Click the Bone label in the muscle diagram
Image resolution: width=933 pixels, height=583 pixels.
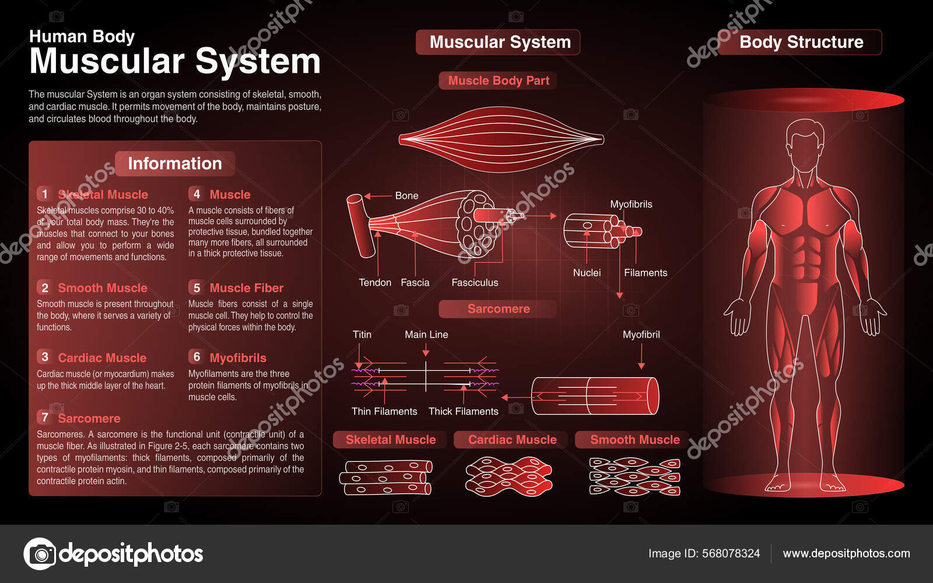pyautogui.click(x=406, y=196)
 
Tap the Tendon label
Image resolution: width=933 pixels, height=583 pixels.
pyautogui.click(x=375, y=283)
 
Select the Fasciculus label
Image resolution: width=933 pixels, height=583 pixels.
pyautogui.click(x=475, y=283)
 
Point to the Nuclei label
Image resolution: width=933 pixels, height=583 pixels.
pyautogui.click(x=587, y=273)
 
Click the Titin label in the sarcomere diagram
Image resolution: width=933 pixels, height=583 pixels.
pyautogui.click(x=362, y=335)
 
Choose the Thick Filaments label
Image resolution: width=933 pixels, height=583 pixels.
pyautogui.click(x=463, y=412)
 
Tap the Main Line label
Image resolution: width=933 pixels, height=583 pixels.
pyautogui.click(x=426, y=335)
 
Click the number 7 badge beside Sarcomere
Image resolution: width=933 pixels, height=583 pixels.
pyautogui.click(x=45, y=417)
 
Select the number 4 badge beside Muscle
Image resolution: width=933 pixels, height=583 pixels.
pyautogui.click(x=197, y=194)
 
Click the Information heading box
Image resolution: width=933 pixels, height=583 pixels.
pyautogui.click(x=175, y=164)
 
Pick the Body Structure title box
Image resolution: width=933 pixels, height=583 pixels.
pyautogui.click(x=801, y=43)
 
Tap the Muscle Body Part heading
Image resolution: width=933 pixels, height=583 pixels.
pyautogui.click(x=499, y=81)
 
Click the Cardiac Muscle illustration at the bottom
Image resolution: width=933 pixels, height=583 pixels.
pyautogui.click(x=508, y=476)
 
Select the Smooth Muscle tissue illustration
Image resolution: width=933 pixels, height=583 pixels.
pyautogui.click(x=634, y=476)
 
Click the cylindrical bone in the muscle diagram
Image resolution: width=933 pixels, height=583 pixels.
pyautogui.click(x=360, y=226)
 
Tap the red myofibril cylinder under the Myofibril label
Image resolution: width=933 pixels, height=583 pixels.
pyautogui.click(x=595, y=396)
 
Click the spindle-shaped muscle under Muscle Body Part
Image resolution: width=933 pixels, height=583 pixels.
pyautogui.click(x=501, y=139)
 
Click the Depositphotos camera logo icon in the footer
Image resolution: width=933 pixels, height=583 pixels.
pyautogui.click(x=40, y=553)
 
